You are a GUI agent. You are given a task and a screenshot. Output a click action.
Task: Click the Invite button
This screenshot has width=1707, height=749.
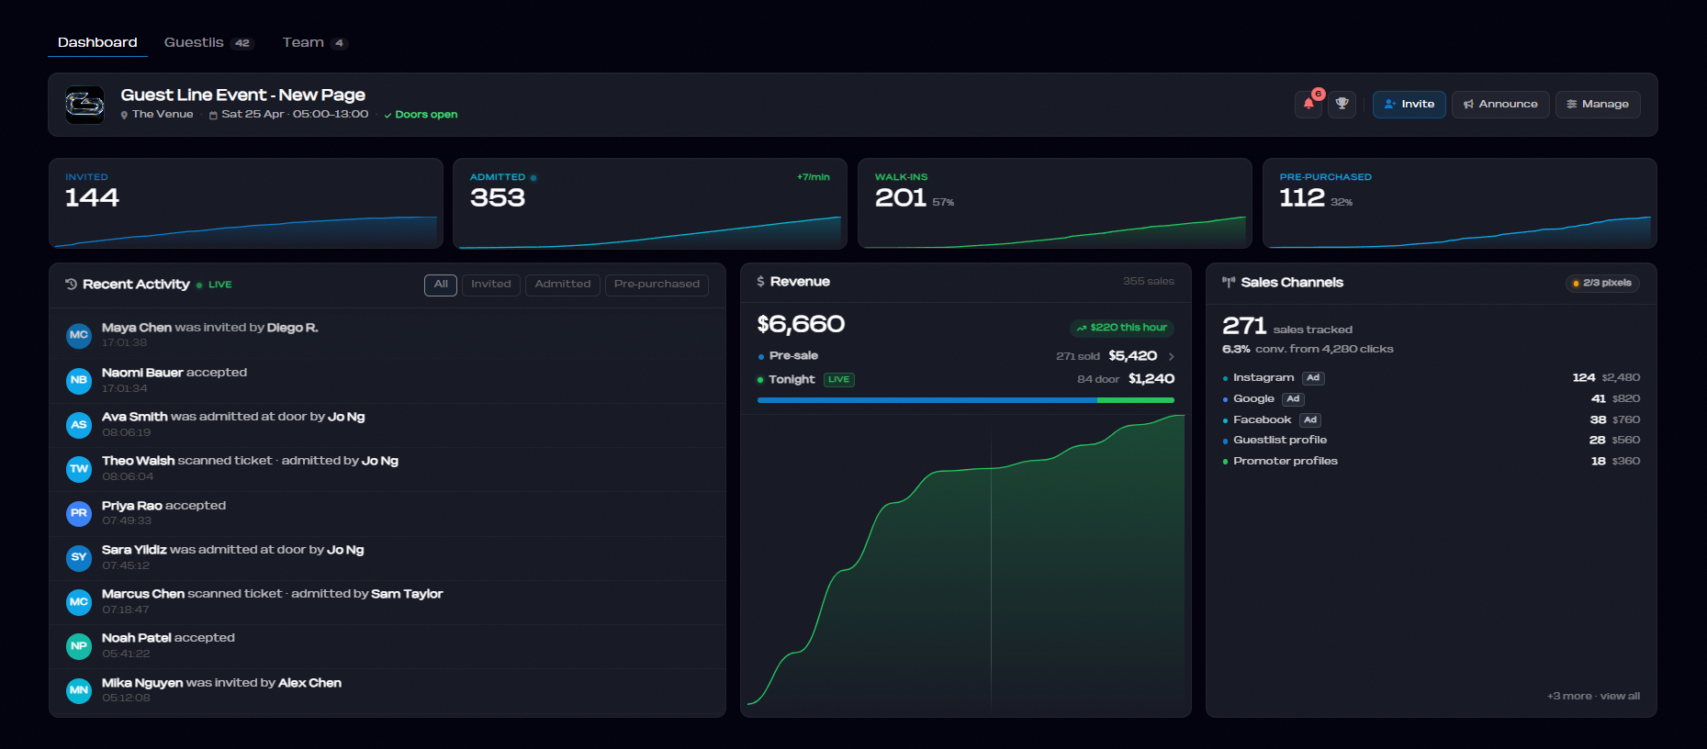tap(1409, 105)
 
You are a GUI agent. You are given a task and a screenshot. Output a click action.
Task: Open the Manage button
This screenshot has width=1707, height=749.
tap(1598, 105)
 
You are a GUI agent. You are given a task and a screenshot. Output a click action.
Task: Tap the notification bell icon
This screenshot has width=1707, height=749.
tap(1308, 105)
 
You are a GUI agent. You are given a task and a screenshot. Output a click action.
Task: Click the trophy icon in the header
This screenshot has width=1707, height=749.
tap(1342, 105)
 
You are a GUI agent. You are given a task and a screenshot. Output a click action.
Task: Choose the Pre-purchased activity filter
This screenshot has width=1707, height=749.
tap(657, 285)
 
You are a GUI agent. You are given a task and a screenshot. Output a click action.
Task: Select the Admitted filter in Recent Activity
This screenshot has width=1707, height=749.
tap(563, 285)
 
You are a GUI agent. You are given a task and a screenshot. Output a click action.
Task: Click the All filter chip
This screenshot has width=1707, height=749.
tap(441, 285)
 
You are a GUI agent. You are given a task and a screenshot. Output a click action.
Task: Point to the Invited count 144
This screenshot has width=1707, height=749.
tap(92, 198)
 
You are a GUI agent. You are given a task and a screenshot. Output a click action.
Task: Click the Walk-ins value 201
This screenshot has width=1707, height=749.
tap(900, 198)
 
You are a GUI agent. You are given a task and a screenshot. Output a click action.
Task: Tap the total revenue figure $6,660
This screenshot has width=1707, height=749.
tap(801, 324)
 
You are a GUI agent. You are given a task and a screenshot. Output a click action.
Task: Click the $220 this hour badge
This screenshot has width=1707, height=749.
tap(1122, 328)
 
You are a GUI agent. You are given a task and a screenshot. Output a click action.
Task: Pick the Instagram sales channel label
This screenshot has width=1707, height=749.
tap(1263, 377)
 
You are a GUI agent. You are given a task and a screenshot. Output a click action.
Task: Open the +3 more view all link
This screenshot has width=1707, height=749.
tap(1593, 696)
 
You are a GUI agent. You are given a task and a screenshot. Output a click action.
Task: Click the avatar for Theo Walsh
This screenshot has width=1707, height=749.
tap(79, 469)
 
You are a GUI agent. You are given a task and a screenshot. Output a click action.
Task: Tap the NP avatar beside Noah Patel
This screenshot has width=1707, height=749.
tap(79, 646)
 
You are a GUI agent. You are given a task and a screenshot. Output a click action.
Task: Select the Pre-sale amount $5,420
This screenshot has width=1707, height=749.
tap(1132, 356)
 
